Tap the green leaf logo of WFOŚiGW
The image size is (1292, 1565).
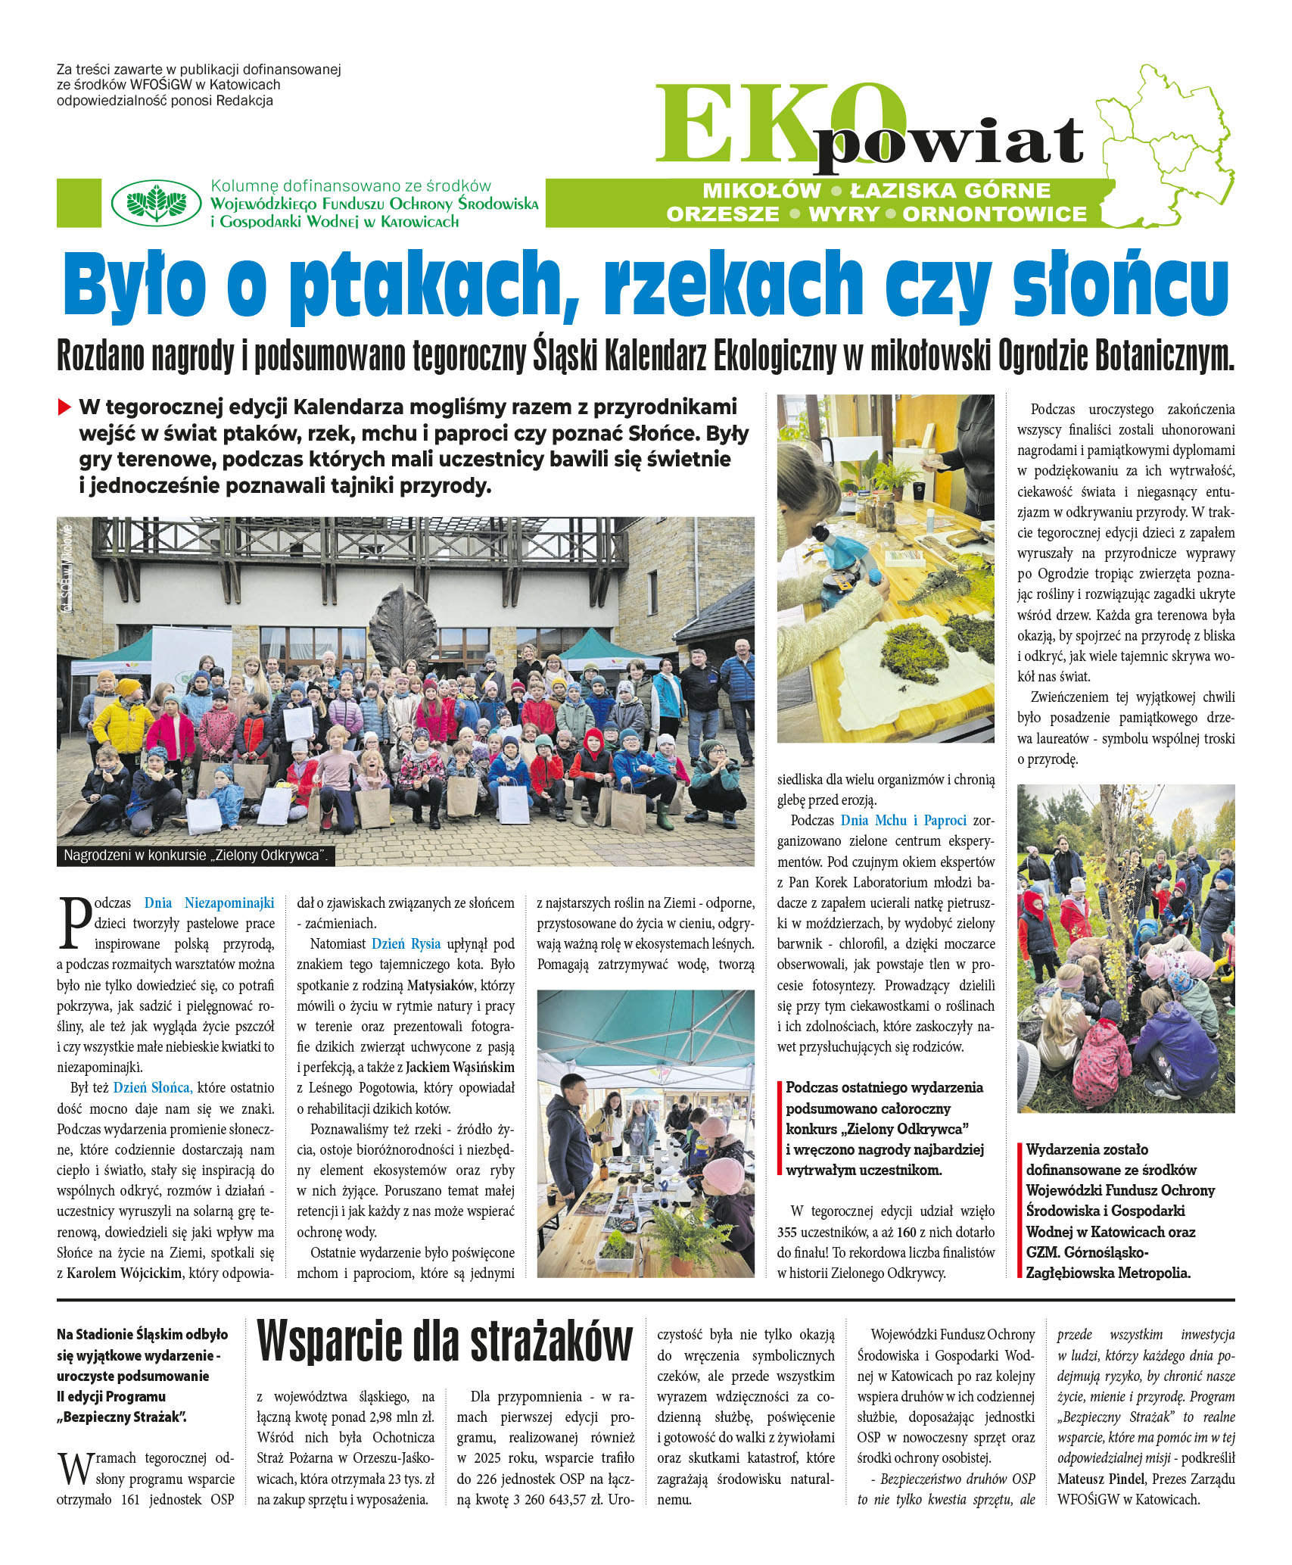coord(156,203)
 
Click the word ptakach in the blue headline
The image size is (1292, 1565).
coord(433,286)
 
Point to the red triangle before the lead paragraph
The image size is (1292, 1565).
coord(64,407)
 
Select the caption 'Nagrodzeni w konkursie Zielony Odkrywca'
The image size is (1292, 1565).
coord(195,856)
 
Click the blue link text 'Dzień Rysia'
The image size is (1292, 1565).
coord(406,944)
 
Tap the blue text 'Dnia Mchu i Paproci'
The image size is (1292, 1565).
coord(903,820)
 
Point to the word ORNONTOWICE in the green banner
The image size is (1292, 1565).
coord(994,214)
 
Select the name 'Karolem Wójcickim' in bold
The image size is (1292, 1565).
coord(124,1273)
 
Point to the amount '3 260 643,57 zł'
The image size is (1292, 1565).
coord(559,1499)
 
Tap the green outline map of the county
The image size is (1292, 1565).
coord(1166,144)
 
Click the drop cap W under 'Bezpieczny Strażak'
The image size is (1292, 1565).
coord(74,1468)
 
